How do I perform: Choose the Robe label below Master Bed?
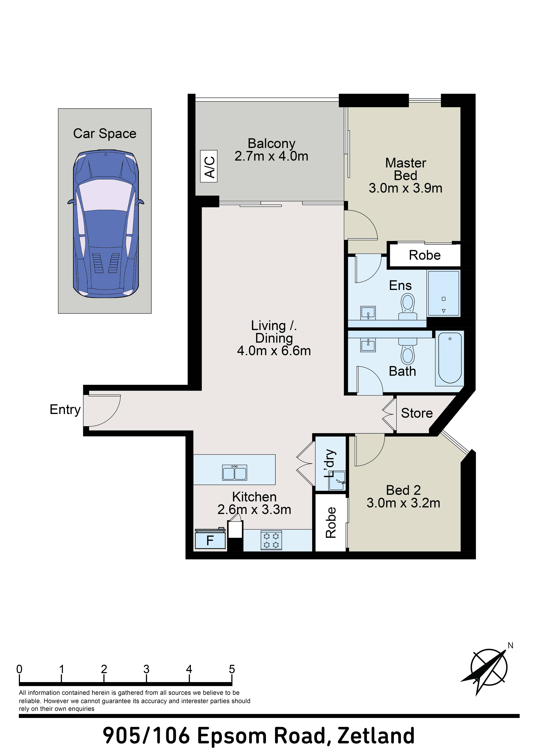pos(425,255)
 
